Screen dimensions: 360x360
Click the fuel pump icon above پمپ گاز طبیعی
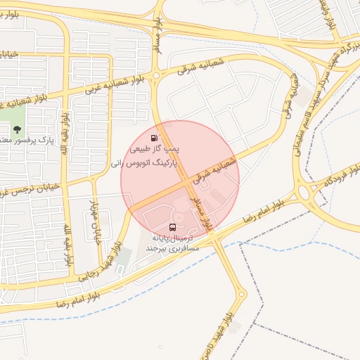pos(155,137)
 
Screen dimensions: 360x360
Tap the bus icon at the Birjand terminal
pos(172,227)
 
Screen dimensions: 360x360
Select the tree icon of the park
pos(16,129)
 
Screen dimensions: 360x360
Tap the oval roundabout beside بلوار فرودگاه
pos(307,191)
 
